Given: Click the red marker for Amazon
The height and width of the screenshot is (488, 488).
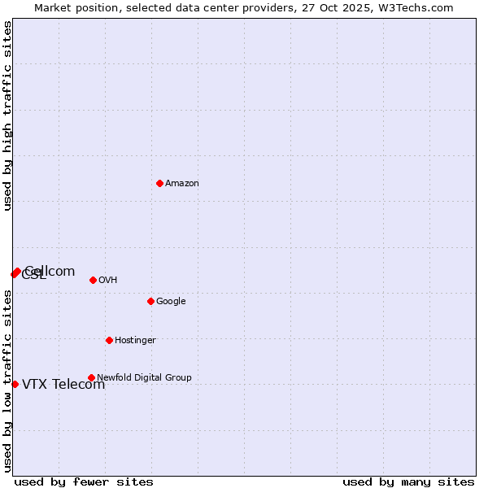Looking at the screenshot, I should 159,183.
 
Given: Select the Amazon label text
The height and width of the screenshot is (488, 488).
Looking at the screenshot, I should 182,184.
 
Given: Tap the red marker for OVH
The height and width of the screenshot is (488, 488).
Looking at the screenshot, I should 93,280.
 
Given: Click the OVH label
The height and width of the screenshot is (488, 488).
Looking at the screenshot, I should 108,281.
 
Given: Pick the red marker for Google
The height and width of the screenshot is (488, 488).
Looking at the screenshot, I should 150,301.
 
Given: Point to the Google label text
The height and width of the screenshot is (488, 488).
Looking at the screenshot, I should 171,302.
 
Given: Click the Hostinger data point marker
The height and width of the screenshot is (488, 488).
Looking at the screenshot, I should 109,340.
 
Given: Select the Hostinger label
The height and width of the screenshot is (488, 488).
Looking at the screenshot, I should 135,341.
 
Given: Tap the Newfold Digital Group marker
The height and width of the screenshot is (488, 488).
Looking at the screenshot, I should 91,377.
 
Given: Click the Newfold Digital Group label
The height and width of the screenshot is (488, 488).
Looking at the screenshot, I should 144,378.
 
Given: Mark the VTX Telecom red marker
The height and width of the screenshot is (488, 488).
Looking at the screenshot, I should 15,384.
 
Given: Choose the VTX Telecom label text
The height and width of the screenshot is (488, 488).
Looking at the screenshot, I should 63,385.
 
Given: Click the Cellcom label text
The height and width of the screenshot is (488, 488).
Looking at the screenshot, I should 50,272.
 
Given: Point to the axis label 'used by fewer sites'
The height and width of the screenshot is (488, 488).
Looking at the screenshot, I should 84,481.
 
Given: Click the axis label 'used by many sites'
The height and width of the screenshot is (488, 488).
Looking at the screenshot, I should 408,481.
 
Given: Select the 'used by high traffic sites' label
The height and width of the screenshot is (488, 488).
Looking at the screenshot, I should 8,115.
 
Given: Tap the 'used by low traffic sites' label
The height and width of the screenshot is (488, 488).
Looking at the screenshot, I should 8,381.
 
